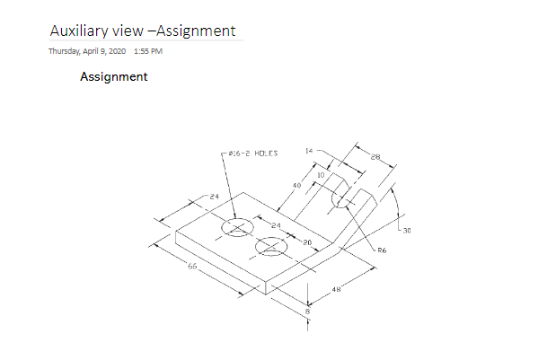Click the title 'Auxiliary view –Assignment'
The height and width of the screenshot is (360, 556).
click(x=143, y=31)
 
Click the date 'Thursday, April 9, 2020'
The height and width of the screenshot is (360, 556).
click(x=87, y=50)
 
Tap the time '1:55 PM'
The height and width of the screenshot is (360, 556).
click(x=147, y=50)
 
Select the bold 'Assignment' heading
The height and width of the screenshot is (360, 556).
click(x=114, y=77)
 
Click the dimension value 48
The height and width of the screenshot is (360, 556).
click(x=336, y=289)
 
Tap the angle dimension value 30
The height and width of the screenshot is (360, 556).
click(x=406, y=231)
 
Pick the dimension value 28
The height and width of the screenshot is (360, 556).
click(x=375, y=157)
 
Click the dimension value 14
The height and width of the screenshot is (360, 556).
click(x=309, y=151)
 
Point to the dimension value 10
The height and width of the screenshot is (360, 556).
click(x=321, y=174)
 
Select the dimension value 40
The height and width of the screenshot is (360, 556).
click(x=296, y=185)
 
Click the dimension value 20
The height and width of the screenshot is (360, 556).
click(x=306, y=241)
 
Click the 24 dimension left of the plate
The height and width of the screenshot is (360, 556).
click(x=215, y=195)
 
